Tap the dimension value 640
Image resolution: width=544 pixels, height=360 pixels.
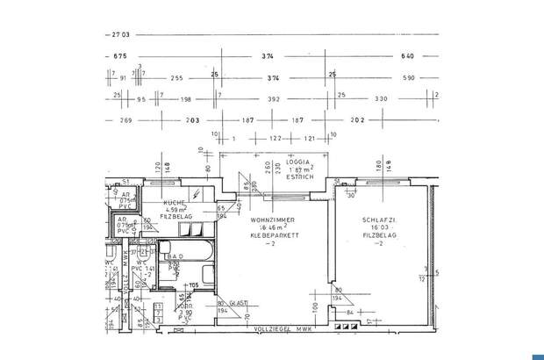pyautogui.click(x=407, y=56)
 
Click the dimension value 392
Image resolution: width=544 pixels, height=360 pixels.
pyautogui.click(x=274, y=99)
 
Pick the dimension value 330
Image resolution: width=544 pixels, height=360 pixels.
pyautogui.click(x=381, y=99)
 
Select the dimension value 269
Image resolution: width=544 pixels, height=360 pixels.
pyautogui.click(x=125, y=120)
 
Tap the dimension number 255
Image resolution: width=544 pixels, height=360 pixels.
pyautogui.click(x=177, y=78)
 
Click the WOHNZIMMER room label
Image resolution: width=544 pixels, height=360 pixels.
pyautogui.click(x=272, y=219)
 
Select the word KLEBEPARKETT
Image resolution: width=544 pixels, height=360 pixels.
pyautogui.click(x=274, y=236)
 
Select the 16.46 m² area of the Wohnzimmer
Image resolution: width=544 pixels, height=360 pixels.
pyautogui.click(x=271, y=227)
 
